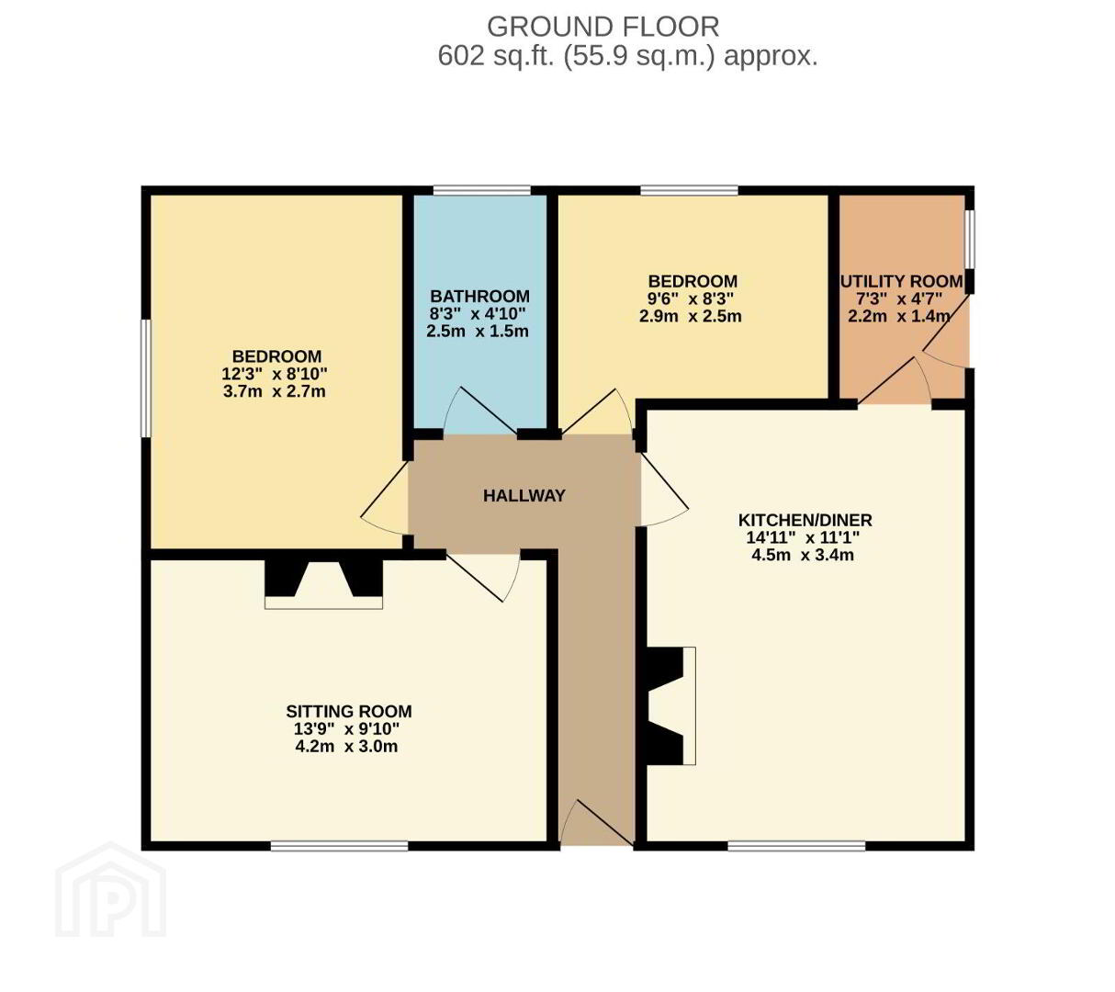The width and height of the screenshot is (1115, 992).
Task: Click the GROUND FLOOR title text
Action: point(603,27)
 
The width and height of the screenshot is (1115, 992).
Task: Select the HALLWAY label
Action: point(524,496)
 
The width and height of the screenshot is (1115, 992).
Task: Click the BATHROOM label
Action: point(479,296)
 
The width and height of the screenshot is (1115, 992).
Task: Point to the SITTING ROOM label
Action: point(348,711)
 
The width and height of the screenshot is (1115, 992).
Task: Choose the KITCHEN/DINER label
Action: point(805,520)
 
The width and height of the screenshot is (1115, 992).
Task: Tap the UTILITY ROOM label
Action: point(902,281)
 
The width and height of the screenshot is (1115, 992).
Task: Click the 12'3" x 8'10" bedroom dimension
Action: point(274,374)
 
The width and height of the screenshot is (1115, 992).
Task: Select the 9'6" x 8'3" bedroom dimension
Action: point(690,299)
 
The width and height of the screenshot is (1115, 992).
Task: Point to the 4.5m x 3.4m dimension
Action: point(803,555)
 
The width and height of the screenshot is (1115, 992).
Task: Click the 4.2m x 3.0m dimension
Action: point(346,747)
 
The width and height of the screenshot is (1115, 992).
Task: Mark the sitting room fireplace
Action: point(323,584)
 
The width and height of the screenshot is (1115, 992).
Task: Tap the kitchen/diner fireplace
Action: point(670,705)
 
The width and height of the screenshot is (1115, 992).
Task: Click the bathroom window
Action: point(481,190)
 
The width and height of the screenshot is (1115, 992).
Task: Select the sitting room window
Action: point(339,846)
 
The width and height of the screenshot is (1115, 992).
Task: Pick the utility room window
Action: point(969,240)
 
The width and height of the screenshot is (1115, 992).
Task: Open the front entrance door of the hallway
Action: point(596,822)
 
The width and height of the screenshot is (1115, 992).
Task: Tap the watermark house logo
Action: point(110,890)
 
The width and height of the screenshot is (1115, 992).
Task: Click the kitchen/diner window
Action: point(796,846)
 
